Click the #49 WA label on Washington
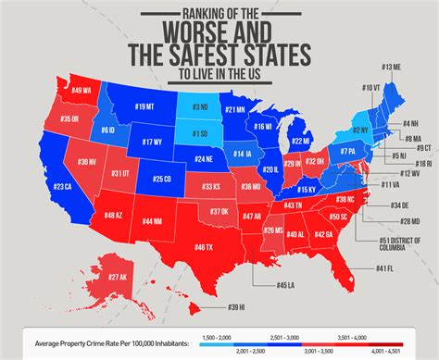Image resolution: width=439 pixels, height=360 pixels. pos(81,90)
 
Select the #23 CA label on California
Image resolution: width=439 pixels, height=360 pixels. pos(61,187)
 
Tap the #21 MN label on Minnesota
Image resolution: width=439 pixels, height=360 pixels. pos(235,110)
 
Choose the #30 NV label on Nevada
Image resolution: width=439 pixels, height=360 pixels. pos(86,161)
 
